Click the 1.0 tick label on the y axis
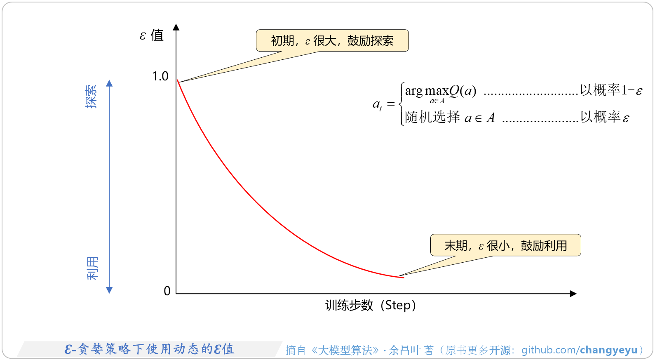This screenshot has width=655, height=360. click(160, 76)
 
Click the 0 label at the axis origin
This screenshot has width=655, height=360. click(167, 291)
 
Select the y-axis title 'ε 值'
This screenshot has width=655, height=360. click(152, 35)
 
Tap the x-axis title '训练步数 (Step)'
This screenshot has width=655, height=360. click(370, 306)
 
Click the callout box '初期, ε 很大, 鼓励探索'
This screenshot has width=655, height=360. click(332, 41)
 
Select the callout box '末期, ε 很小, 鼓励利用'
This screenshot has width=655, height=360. click(505, 246)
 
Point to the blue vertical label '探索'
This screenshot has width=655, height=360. click(92, 96)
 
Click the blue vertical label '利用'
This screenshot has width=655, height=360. click(92, 268)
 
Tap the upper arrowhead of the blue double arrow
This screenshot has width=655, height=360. click(109, 83)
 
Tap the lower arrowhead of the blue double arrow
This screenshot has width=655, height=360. click(109, 290)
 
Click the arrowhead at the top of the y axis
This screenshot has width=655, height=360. click(176, 27)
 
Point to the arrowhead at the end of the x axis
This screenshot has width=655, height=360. click(573, 294)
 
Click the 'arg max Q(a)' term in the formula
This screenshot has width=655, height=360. click(440, 91)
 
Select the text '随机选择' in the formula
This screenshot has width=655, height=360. click(432, 117)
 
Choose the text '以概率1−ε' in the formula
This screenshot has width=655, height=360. click(611, 90)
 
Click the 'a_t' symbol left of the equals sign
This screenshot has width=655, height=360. click(377, 105)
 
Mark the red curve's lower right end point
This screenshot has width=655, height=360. click(403, 278)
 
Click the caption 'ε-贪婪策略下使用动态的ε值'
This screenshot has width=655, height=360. click(149, 349)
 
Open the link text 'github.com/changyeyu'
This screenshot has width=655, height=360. click(579, 350)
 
